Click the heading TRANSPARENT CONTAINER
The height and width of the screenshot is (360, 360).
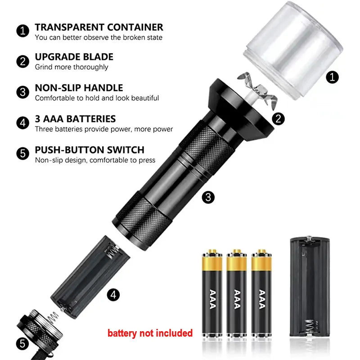coord(99,27)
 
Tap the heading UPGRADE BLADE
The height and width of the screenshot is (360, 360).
coord(74,57)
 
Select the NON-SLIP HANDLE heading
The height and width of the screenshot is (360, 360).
coord(79,88)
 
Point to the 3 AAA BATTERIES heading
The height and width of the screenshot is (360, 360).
coord(75,119)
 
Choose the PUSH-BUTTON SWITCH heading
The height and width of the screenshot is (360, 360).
coord(90,150)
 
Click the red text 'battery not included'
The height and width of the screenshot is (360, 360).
coord(150,333)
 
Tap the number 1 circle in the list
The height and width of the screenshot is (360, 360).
coord(23,31)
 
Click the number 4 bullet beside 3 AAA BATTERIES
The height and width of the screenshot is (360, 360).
coord(23,123)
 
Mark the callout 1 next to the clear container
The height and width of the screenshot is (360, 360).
coord(332,77)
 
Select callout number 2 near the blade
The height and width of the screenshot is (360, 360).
coord(278,119)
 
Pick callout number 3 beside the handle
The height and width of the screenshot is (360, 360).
coord(208,197)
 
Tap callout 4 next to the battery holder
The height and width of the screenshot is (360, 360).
coord(113,295)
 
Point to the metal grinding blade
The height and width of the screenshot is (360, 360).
coord(258,90)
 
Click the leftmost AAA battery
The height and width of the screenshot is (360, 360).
coord(212,293)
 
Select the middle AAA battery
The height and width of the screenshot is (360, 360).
coord(237,293)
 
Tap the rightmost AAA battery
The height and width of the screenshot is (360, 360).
coord(261,293)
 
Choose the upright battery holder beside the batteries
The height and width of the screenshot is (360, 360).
coord(310,287)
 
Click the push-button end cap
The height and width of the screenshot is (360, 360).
coord(39,331)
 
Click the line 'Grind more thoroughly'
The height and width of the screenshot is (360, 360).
coord(72,67)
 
